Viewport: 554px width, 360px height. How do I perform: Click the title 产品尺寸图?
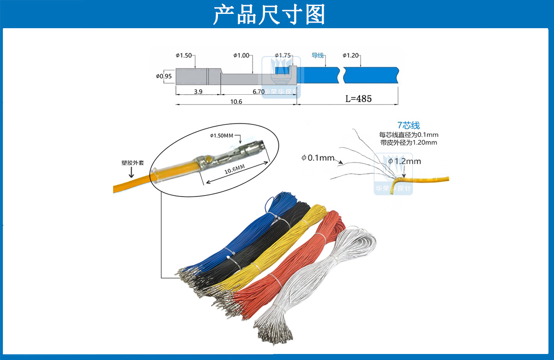[269, 14]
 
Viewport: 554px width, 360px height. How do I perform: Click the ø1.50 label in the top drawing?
[183, 55]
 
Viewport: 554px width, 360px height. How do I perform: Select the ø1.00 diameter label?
[241, 55]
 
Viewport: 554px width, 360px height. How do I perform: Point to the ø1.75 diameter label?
[283, 55]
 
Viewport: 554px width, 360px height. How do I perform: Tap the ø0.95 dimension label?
[164, 76]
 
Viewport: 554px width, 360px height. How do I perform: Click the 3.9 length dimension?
[198, 92]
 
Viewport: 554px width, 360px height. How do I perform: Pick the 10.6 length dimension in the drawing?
[236, 101]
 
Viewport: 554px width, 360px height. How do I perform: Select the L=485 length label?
[359, 98]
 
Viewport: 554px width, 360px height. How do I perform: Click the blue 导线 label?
[318, 55]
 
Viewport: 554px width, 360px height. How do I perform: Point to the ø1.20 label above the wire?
[350, 55]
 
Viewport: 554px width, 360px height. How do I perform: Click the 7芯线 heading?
[409, 125]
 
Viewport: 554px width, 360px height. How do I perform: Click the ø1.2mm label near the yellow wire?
[404, 161]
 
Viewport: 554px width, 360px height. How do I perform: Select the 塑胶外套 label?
[130, 163]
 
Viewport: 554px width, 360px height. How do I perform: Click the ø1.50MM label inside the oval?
[222, 136]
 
